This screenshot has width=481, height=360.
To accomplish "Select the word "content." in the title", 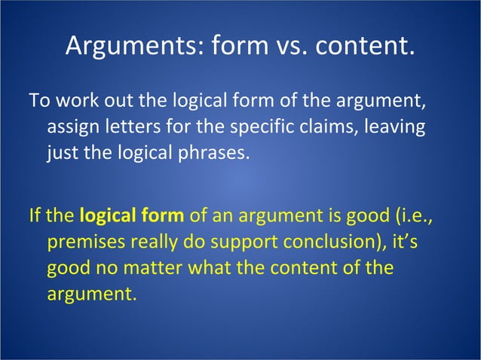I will coord(364,47).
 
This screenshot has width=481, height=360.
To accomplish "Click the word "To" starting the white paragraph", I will coord(38,99).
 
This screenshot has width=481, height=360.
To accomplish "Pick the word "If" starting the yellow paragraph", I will coord(35,216).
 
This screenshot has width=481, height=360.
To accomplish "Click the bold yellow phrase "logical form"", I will coord(131,217).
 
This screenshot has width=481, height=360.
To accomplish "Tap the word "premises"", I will coord(81,244).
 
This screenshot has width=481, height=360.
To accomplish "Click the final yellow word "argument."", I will coord(92,295).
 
